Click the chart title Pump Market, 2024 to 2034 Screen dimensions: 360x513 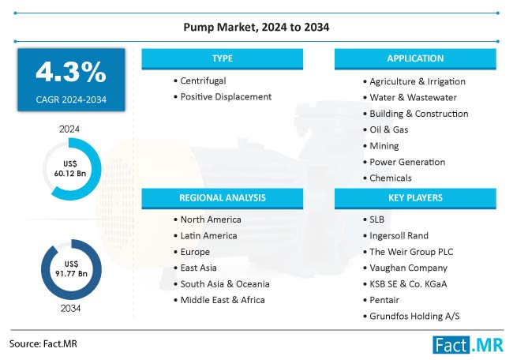pyautogui.click(x=256, y=28)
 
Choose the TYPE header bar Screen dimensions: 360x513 pyautogui.click(x=222, y=58)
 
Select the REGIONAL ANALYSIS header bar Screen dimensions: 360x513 pyautogui.click(x=222, y=197)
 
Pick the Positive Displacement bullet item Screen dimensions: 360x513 pyautogui.click(x=226, y=96)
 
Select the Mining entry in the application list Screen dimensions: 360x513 pyautogui.click(x=384, y=145)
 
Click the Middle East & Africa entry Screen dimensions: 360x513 pyautogui.click(x=223, y=300)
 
